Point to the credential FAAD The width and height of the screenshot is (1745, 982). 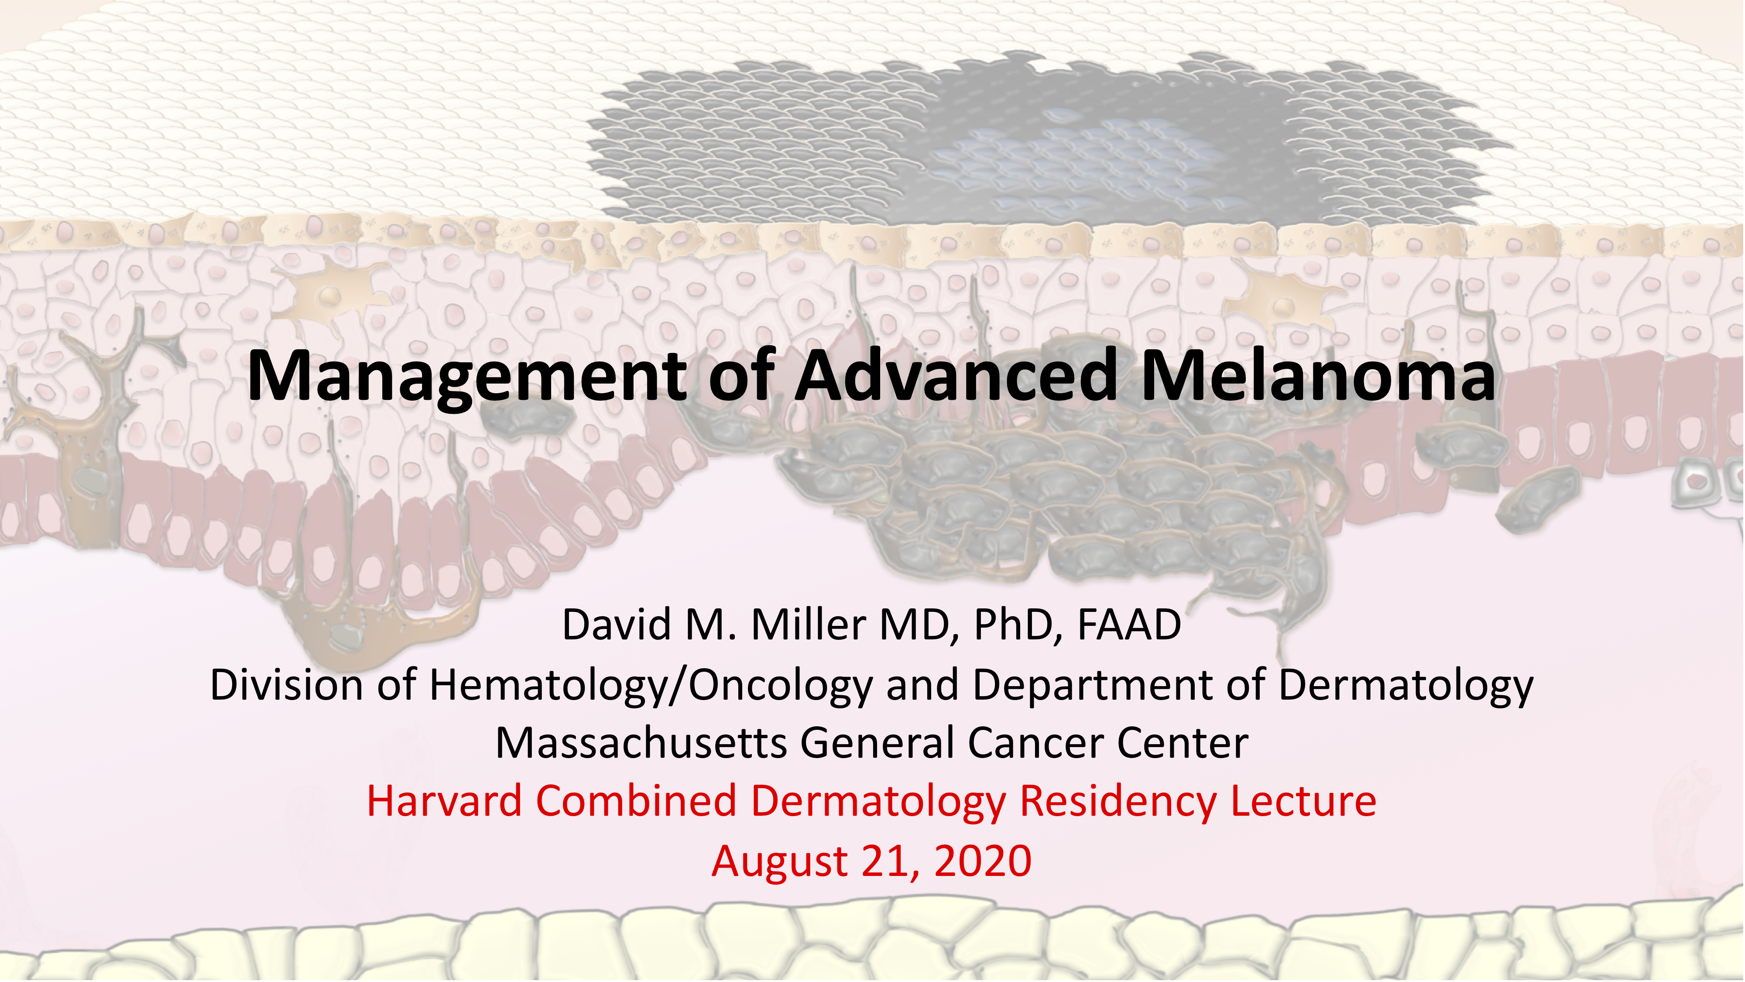[x=1128, y=625]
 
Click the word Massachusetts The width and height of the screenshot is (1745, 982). [x=641, y=743]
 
